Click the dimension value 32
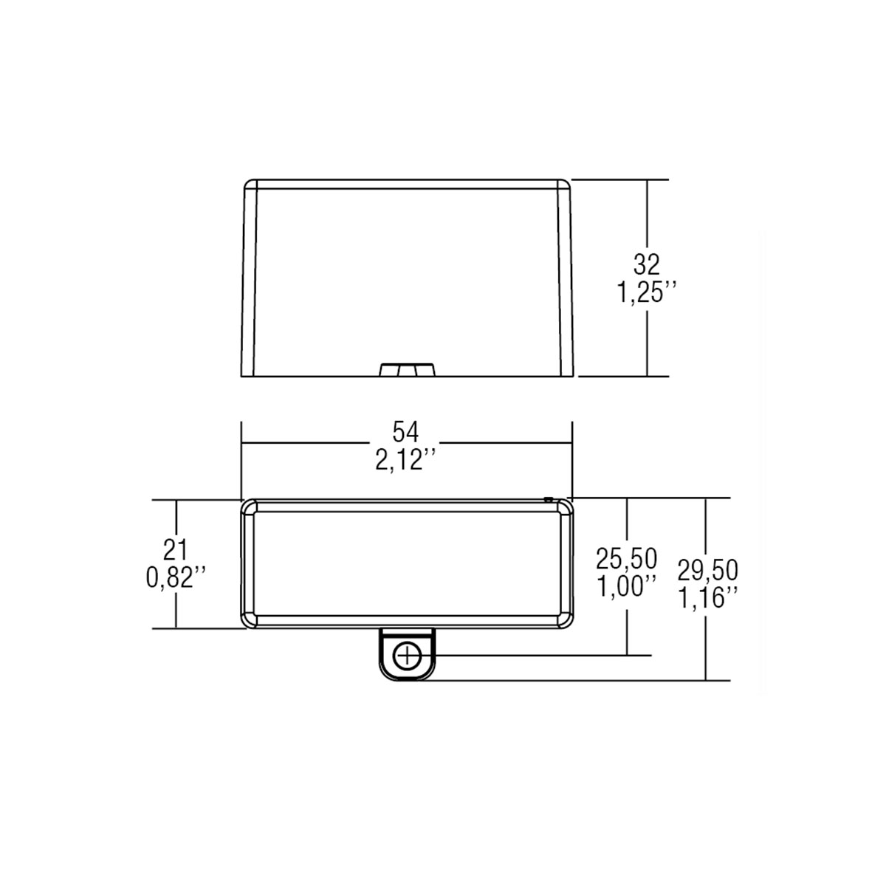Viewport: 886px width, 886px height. pyautogui.click(x=646, y=263)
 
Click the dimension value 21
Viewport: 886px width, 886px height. pyautogui.click(x=176, y=548)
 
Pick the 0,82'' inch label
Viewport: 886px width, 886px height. pyautogui.click(x=176, y=577)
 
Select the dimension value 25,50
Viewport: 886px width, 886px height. pyautogui.click(x=626, y=559)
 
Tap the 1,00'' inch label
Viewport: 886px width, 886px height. pyautogui.click(x=626, y=586)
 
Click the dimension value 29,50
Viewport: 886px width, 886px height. pyautogui.click(x=708, y=569)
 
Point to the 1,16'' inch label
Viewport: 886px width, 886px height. pyautogui.click(x=708, y=596)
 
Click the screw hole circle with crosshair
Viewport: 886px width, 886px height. pyautogui.click(x=407, y=654)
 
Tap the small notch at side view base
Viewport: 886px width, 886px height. pyautogui.click(x=407, y=369)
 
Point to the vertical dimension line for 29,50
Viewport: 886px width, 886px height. pyautogui.click(x=707, y=642)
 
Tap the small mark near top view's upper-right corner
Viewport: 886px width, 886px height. pyautogui.click(x=548, y=500)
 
